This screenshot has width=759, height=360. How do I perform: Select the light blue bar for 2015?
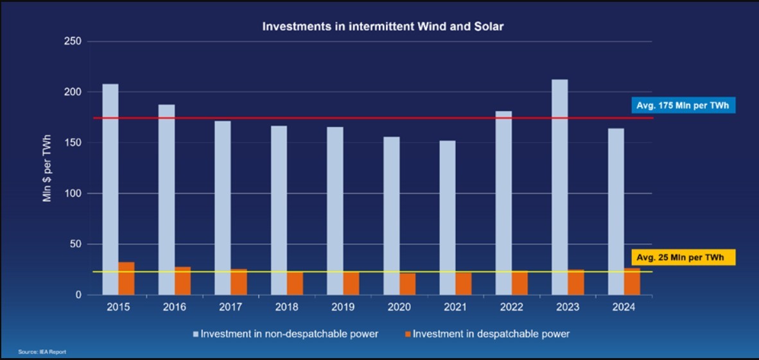pyautogui.click(x=110, y=189)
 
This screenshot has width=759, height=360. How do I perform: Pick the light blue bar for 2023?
pyautogui.click(x=559, y=187)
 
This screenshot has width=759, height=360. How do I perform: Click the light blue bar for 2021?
pyautogui.click(x=447, y=218)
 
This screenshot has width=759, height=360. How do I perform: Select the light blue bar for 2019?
pyautogui.click(x=335, y=210)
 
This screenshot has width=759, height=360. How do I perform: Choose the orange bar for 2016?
pyautogui.click(x=182, y=280)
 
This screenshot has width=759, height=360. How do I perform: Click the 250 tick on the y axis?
pyautogui.click(x=73, y=42)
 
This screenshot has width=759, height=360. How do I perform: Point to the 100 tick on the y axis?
pyautogui.click(x=73, y=194)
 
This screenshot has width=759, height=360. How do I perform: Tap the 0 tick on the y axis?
pyautogui.click(x=78, y=295)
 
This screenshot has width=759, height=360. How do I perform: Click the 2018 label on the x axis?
pyautogui.click(x=287, y=307)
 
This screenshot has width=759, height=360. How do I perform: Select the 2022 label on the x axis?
pyautogui.click(x=511, y=307)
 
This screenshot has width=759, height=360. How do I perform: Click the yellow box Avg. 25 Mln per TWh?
pyautogui.click(x=683, y=258)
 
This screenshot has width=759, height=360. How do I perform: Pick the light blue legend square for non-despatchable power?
pyautogui.click(x=196, y=334)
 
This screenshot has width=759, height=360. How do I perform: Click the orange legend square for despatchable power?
pyautogui.click(x=408, y=334)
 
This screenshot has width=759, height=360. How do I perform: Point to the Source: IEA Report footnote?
pyautogui.click(x=42, y=352)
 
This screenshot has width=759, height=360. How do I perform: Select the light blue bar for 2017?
pyautogui.click(x=222, y=208)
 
